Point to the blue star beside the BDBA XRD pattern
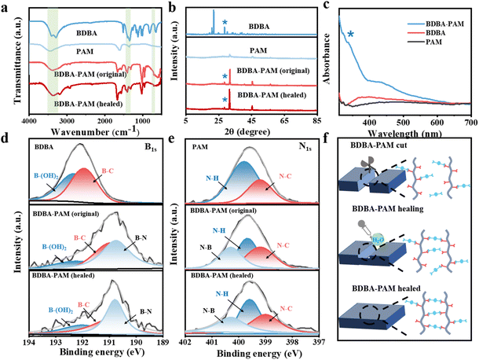pyautogui.click(x=225, y=24)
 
